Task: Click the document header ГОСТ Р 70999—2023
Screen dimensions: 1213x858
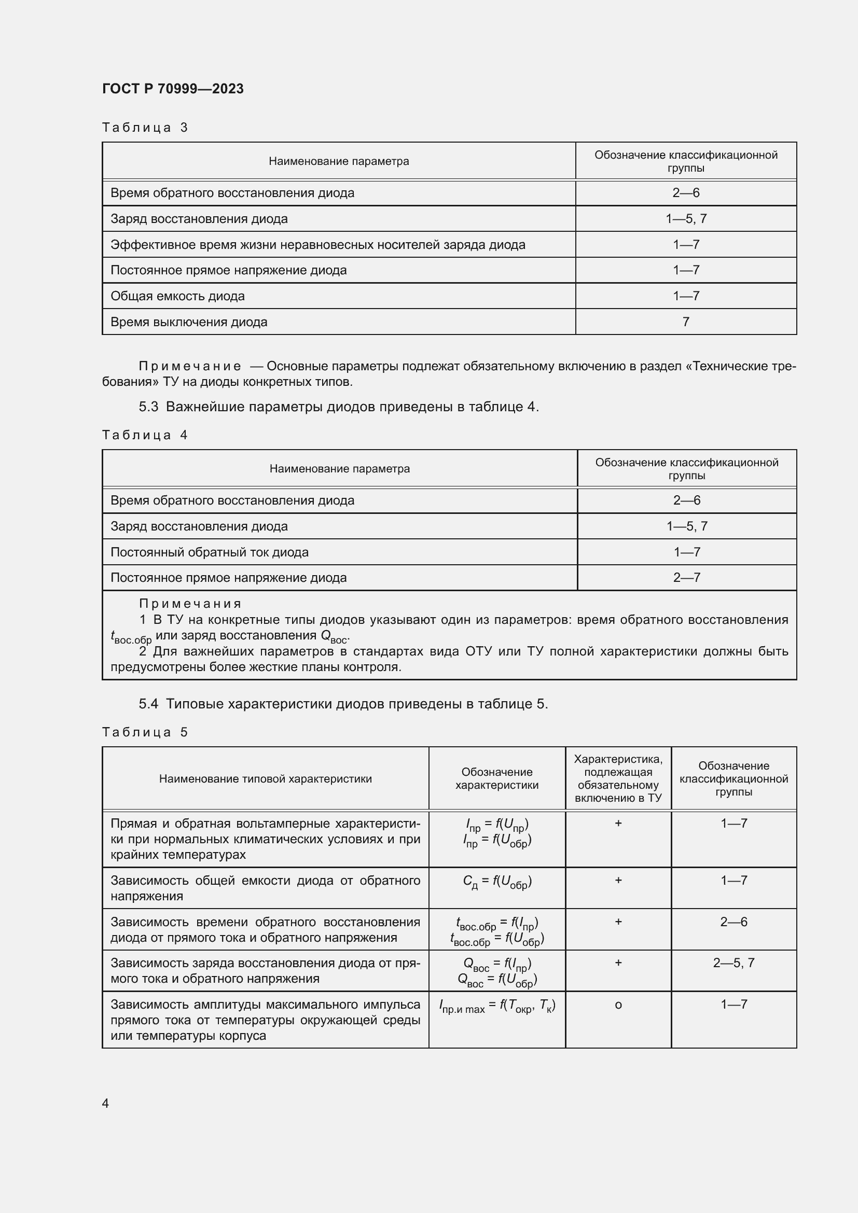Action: point(173,89)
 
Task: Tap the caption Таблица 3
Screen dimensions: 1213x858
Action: point(145,128)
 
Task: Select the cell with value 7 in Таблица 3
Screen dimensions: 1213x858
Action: point(685,322)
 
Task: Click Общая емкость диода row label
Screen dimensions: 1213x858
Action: point(177,296)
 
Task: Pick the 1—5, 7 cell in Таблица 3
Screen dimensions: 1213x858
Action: point(686,219)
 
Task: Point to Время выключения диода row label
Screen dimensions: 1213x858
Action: point(189,322)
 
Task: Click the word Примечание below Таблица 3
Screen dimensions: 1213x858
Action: point(190,366)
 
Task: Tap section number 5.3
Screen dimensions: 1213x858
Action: point(148,407)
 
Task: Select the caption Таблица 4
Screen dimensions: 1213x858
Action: point(145,435)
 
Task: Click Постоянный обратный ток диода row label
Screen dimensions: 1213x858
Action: point(209,552)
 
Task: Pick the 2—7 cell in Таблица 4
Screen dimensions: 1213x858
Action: point(686,577)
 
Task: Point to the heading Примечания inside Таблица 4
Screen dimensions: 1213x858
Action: point(190,603)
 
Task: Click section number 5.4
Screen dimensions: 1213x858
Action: point(148,704)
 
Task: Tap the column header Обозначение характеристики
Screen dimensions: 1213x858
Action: point(496,778)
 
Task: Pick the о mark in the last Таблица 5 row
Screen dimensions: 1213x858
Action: point(618,1005)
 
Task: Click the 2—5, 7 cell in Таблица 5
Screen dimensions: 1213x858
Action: point(734,963)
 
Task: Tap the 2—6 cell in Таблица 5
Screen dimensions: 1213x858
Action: point(734,922)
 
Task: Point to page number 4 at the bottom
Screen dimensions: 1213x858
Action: point(105,1103)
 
